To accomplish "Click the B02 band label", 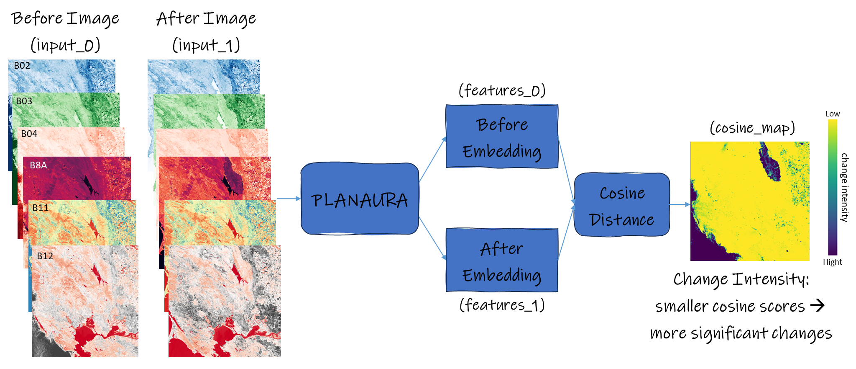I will [22, 66].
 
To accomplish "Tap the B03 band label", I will [24, 101].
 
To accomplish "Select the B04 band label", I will [29, 134].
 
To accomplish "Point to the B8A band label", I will [38, 165].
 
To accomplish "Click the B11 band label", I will [41, 208].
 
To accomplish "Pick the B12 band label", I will [45, 256].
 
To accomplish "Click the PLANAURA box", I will [360, 199].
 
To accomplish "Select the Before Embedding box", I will [502, 137].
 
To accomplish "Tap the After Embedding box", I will [502, 260].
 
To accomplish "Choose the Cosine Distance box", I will [622, 205].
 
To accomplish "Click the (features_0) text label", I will [502, 90].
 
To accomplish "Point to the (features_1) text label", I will [502, 305].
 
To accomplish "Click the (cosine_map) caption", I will [752, 128].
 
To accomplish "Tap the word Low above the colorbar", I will [832, 114].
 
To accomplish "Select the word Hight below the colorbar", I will [832, 262].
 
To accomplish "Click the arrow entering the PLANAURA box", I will [289, 199].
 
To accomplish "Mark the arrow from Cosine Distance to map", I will [680, 204].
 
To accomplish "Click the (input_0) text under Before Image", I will [65, 45].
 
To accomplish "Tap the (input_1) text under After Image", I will [206, 45].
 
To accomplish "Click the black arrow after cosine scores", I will [817, 305].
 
